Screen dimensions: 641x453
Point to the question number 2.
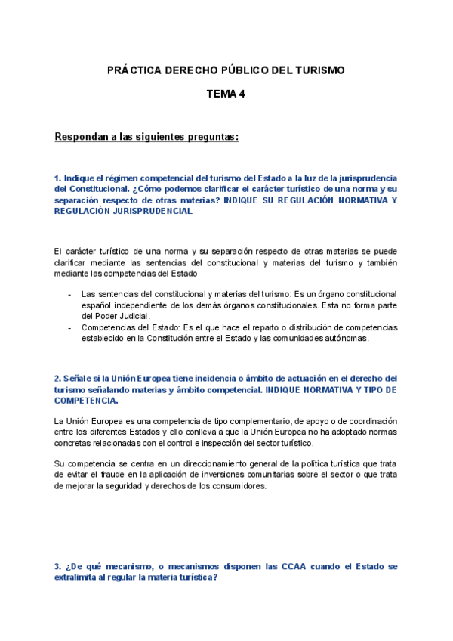point(57,378)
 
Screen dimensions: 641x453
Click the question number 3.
point(57,566)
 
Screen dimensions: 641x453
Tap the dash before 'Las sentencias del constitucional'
point(69,293)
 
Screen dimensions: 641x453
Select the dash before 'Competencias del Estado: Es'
point(69,327)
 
